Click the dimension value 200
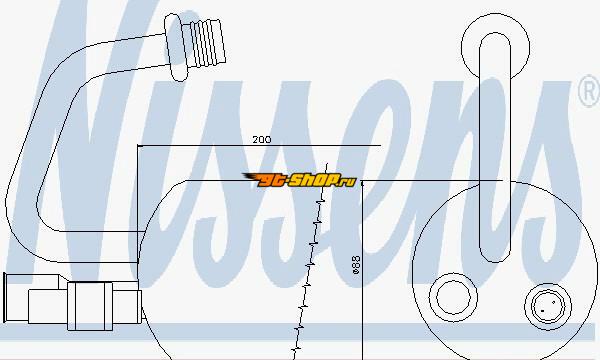[262, 140]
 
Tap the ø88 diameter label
[356, 265]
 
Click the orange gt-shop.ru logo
[300, 180]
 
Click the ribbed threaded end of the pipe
[207, 41]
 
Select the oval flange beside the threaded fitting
[176, 47]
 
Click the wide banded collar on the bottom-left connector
[90, 306]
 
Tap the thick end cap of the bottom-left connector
[5, 297]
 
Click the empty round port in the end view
[453, 297]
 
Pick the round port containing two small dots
[548, 306]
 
